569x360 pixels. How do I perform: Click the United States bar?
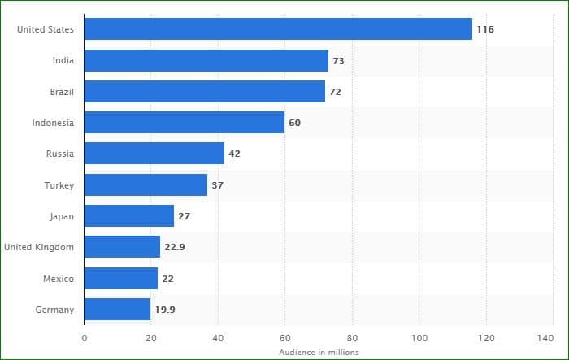[278, 29]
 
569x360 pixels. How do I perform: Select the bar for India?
[206, 61]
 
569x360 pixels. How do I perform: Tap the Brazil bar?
[205, 92]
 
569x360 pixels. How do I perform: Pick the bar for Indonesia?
[185, 123]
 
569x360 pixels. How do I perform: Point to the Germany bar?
[118, 309]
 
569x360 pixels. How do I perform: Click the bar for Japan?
[129, 216]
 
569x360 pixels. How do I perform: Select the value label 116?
[485, 29]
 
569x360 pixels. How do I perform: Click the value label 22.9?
[175, 247]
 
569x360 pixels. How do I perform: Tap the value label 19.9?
[165, 310]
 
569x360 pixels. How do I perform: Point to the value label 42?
[234, 154]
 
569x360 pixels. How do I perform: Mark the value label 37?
[217, 185]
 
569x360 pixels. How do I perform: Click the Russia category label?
[60, 154]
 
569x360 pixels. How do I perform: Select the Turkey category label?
[59, 185]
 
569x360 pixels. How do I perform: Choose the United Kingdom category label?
[39, 247]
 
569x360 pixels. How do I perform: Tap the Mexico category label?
[59, 279]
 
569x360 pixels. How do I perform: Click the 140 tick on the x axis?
[545, 338]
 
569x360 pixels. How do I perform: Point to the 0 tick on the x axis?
[85, 338]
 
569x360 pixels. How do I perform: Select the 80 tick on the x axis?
[352, 338]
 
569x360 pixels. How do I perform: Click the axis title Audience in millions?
[319, 352]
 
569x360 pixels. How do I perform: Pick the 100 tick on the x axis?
[419, 338]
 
